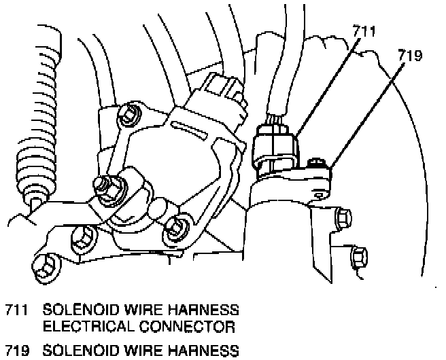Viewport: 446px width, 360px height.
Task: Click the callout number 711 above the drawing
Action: coord(364,31)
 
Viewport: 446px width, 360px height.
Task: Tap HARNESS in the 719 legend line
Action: coord(201,350)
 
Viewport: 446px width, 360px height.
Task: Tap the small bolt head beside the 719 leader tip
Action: coord(315,163)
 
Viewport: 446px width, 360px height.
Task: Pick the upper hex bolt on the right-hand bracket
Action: coord(344,218)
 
